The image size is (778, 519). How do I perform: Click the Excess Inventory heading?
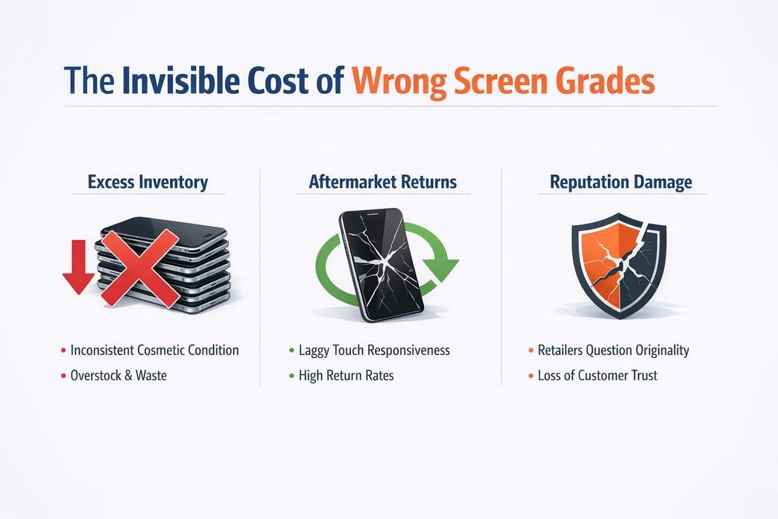148,182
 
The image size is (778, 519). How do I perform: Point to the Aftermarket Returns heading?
382,182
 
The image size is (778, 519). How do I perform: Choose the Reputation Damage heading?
621,182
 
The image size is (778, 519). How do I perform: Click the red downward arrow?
78,267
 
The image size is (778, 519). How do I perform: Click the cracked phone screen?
381,265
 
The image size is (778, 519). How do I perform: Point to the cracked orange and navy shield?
619,265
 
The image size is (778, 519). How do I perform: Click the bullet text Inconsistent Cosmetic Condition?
154,350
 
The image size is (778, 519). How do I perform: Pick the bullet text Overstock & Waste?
118,376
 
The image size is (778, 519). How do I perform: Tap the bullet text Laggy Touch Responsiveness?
374,350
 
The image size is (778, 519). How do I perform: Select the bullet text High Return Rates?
347,376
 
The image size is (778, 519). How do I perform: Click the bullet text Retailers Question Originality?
613,350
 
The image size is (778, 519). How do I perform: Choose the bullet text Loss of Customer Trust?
598,376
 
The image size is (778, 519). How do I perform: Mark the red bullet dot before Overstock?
63,376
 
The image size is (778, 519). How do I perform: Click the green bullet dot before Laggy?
292,350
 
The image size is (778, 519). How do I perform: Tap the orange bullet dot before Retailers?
531,350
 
